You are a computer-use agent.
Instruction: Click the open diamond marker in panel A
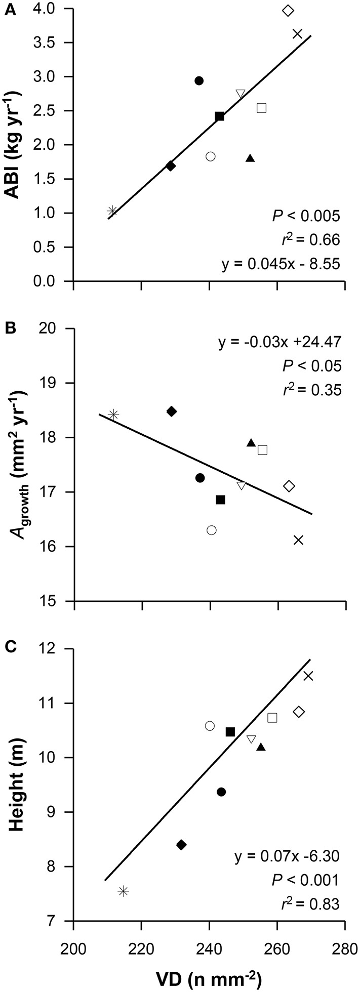coord(288,11)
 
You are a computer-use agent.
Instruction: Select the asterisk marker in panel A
coord(112,211)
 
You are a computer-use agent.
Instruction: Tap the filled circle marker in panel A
coord(199,80)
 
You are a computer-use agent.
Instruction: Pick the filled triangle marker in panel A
coord(250,159)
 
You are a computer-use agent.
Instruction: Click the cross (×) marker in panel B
coord(298,540)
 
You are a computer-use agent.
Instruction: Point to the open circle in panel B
coord(212,530)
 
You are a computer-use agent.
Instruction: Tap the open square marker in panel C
coord(272,718)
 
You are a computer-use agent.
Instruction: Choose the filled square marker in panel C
coord(230,732)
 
